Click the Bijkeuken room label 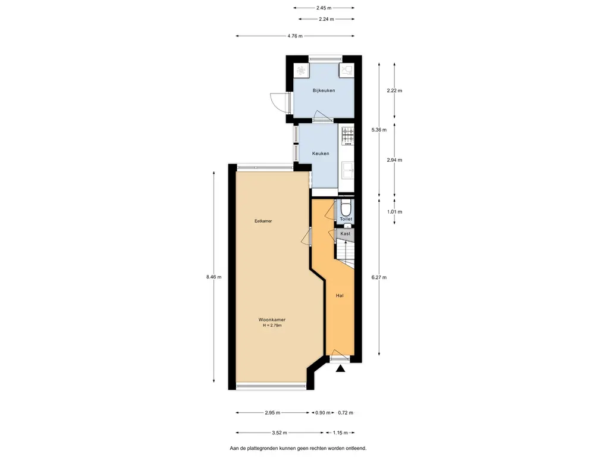pyautogui.click(x=324, y=90)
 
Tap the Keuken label pyautogui.click(x=321, y=154)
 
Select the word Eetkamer pyautogui.click(x=263, y=221)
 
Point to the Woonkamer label pyautogui.click(x=272, y=320)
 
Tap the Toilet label pyautogui.click(x=346, y=219)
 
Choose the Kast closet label pyautogui.click(x=346, y=234)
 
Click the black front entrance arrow pyautogui.click(x=340, y=369)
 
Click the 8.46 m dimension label pyautogui.click(x=214, y=277)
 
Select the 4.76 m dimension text pyautogui.click(x=296, y=36)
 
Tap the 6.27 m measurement pyautogui.click(x=379, y=277)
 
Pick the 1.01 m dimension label pyautogui.click(x=395, y=211)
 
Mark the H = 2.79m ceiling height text pyautogui.click(x=272, y=325)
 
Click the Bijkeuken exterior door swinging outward pyautogui.click(x=278, y=104)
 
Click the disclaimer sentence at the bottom pyautogui.click(x=298, y=448)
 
